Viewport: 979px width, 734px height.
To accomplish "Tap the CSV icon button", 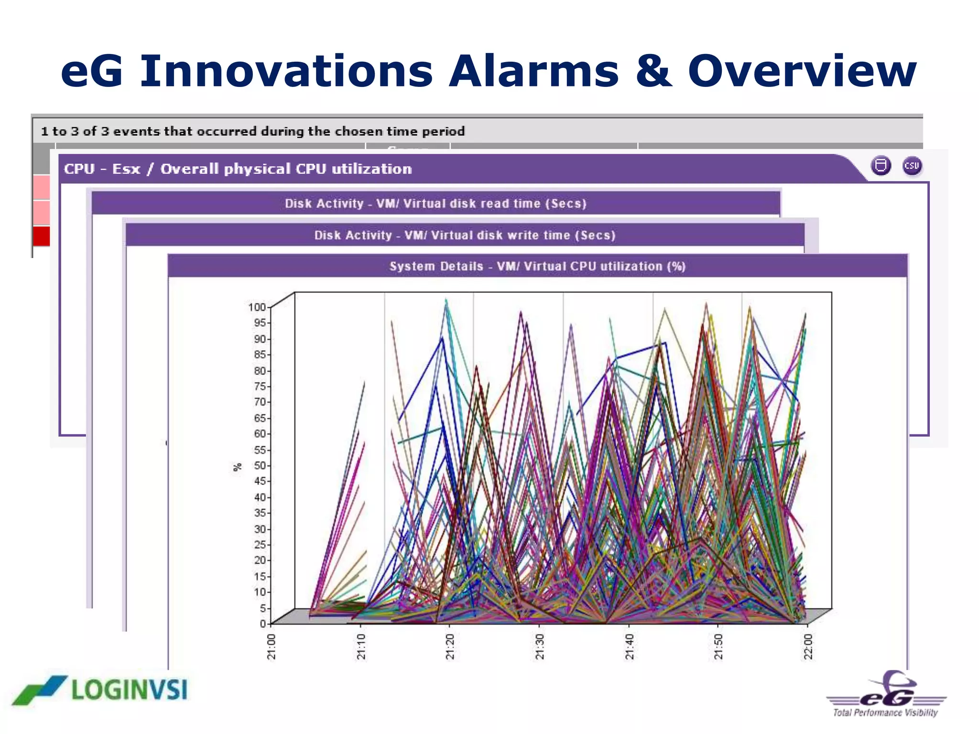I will tap(912, 166).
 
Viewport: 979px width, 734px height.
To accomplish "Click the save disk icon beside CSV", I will tap(881, 166).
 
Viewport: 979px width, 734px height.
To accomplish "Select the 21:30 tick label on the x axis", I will tap(539, 647).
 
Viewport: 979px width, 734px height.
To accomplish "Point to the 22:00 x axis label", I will tap(808, 647).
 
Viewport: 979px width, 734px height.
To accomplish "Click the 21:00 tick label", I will tap(271, 647).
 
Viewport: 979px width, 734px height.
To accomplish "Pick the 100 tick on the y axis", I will tap(257, 307).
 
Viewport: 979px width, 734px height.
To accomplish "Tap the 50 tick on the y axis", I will tap(259, 465).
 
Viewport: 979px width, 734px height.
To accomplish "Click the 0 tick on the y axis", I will tap(262, 624).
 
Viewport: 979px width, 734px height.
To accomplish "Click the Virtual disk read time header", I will tap(435, 204).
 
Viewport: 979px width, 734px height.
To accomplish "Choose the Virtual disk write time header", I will tap(465, 235).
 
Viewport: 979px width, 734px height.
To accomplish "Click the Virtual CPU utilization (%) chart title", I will tap(537, 266).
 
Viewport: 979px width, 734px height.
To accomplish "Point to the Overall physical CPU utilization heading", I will tap(238, 169).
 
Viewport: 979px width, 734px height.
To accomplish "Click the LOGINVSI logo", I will tap(100, 690).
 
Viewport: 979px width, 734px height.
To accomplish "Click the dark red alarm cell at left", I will tap(42, 236).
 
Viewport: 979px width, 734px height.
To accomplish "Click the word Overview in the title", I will tap(802, 72).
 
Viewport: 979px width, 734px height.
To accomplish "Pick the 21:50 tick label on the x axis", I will tap(718, 647).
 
